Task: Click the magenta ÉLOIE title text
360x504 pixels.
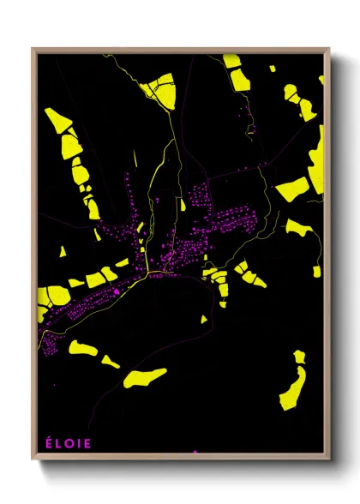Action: [x=68, y=444]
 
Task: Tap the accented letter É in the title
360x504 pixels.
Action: [x=48, y=444]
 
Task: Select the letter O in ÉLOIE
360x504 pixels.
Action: [x=69, y=444]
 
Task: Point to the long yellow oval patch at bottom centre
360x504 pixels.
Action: [x=144, y=376]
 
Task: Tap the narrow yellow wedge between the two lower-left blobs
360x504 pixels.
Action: [x=110, y=362]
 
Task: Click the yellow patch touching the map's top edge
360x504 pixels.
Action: [x=232, y=61]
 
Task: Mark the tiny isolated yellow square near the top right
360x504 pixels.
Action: [x=251, y=129]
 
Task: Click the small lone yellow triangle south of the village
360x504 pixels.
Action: [x=204, y=319]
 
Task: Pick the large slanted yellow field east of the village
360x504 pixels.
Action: [x=292, y=189]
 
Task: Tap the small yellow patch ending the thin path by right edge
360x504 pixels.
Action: [x=316, y=272]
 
